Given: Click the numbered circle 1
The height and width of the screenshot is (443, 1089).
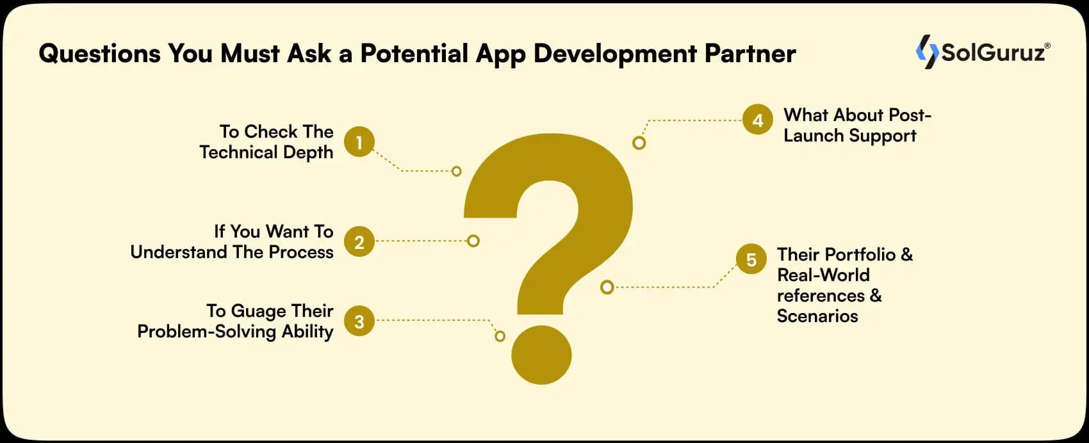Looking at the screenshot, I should click(359, 142).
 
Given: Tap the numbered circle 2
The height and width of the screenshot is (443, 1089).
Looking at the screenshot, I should click(359, 241).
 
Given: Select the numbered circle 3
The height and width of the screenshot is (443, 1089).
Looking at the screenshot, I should click(359, 321).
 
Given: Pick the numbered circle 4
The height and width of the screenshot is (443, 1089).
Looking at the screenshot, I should click(758, 120).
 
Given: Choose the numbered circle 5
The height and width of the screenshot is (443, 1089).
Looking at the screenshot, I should click(751, 259).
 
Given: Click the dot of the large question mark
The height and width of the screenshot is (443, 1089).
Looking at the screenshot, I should click(541, 355).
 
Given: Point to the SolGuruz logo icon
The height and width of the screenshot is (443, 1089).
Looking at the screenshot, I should click(927, 51).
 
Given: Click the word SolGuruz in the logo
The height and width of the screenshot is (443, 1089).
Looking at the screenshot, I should click(994, 52).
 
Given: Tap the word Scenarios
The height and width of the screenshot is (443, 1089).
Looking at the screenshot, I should click(817, 316).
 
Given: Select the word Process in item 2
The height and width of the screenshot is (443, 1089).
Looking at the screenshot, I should click(301, 252).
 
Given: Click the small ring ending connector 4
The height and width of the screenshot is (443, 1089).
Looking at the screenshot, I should click(639, 143).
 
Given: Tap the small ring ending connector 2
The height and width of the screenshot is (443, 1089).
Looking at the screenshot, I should click(473, 241).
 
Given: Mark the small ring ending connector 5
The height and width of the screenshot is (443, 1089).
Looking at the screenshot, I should click(607, 287).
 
